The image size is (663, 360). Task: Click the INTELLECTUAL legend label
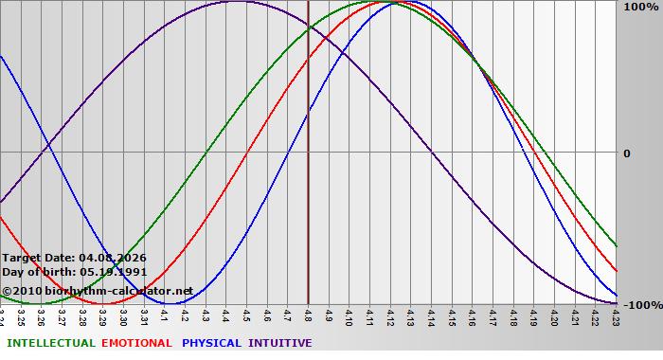tap(50, 343)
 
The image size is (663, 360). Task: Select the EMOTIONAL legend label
tap(136, 343)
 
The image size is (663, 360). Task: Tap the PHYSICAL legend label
tap(212, 343)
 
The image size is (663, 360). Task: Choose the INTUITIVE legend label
tap(279, 343)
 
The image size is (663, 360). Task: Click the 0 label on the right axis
tap(626, 153)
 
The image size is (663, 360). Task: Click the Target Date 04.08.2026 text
tap(74, 258)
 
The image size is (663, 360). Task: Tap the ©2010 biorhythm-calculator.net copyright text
tap(97, 290)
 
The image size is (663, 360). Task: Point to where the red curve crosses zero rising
tap(246, 152)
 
